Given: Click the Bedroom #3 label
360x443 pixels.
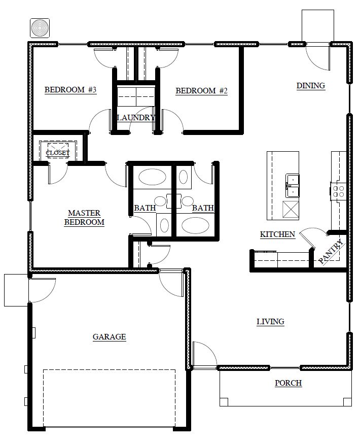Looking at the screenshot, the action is click(70, 90).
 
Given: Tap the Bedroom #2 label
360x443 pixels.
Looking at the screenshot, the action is click(202, 91).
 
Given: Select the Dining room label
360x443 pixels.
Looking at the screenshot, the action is click(311, 85).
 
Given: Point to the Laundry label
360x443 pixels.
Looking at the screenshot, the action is click(135, 118).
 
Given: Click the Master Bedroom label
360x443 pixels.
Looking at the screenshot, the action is click(84, 217).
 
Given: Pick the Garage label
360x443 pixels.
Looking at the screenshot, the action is click(110, 336).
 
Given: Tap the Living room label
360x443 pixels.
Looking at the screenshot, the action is click(270, 322).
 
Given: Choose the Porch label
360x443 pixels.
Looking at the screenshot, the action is click(289, 383).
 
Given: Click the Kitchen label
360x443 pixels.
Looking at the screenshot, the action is click(277, 234).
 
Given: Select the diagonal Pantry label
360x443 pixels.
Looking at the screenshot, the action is click(332, 252).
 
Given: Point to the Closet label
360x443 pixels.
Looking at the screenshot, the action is click(58, 153).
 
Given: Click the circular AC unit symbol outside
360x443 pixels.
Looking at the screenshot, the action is click(40, 28).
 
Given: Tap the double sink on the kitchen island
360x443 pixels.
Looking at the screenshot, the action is click(292, 185).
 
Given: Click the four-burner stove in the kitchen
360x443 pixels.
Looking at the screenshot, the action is click(338, 191).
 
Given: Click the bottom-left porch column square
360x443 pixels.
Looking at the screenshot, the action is click(224, 402).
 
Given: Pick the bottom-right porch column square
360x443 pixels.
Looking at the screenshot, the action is click(347, 402).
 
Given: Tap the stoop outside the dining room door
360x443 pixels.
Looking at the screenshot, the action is click(318, 26).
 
